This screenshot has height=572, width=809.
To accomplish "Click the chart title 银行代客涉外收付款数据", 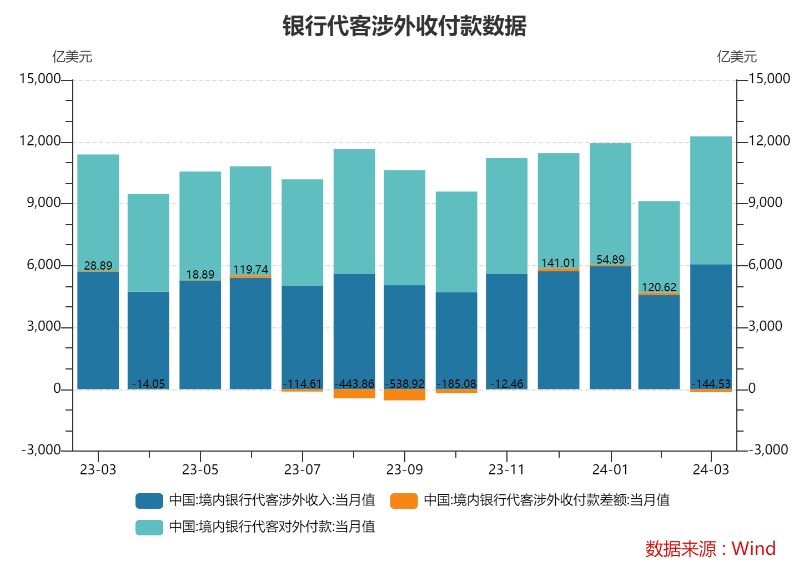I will point(404,26).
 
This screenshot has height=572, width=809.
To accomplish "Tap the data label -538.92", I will point(405,384).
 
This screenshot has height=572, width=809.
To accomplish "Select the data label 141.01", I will point(558,263).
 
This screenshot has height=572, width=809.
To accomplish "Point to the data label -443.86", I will point(354,384).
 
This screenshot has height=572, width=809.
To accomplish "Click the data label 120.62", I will point(659,287).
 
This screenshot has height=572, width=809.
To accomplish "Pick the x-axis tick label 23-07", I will point(302,470).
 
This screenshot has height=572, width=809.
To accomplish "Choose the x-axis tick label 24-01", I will point(610,470).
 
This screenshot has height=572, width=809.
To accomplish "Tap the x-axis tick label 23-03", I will point(98,470).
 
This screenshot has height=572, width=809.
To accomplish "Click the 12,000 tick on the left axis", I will point(40,141).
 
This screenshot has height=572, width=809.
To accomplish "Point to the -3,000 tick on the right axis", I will point(768,449).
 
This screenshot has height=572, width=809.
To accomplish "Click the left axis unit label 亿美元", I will point(72,57).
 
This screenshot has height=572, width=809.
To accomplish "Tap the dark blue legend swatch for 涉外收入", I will point(149,500).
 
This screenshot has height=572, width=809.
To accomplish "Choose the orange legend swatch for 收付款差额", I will point(404,500).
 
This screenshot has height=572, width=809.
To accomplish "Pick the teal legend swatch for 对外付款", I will point(149,527).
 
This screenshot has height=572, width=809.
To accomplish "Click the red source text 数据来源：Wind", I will point(710,549).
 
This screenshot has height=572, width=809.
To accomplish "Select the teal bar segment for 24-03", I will point(711,200).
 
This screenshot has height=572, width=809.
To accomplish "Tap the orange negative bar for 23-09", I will point(405,394).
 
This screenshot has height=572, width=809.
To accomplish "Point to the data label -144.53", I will point(711,384).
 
